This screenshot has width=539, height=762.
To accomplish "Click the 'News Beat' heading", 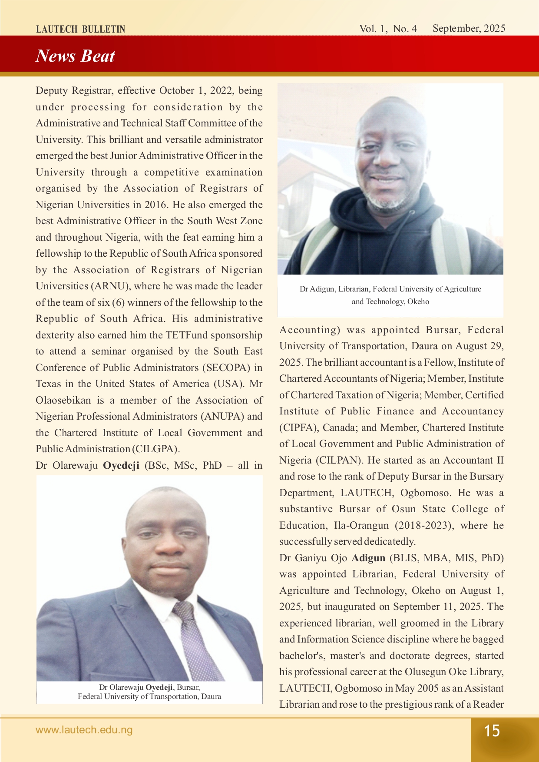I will (75, 56).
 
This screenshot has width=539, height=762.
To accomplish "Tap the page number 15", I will (492, 731).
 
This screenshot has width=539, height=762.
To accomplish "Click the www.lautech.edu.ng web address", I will (84, 730).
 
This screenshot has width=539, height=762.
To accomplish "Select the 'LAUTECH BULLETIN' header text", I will (80, 29).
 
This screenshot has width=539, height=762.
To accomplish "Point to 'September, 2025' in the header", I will (469, 29).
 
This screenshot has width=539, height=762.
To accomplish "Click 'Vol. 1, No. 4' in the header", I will (388, 29).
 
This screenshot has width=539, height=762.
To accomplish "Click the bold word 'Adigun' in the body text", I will (368, 558).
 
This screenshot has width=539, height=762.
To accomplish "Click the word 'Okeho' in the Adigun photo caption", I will (418, 301).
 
